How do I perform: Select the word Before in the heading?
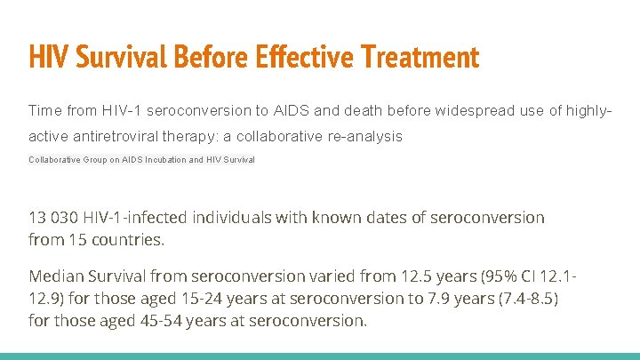click(x=206, y=58)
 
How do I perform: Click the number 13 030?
click(x=53, y=218)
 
